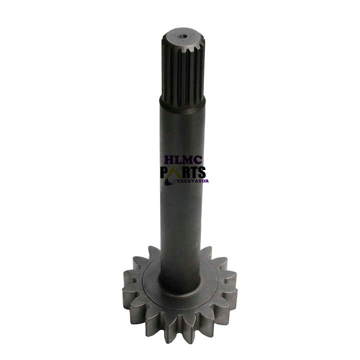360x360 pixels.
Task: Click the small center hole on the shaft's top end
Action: pos(183,36)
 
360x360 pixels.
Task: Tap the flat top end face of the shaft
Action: pos(183,38)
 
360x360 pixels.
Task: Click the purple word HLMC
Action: pos(183,160)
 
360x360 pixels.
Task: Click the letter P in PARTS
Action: pos(165,172)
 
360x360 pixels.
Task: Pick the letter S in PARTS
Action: pos(201,172)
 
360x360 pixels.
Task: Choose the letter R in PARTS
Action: pos(185,172)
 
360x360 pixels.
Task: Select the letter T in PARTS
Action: pos(193,172)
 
